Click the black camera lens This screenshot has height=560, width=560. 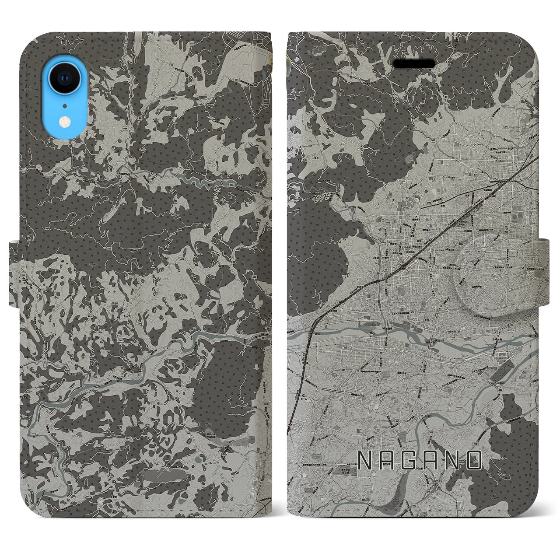(64, 77)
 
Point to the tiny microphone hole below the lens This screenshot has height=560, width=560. (64, 105)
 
